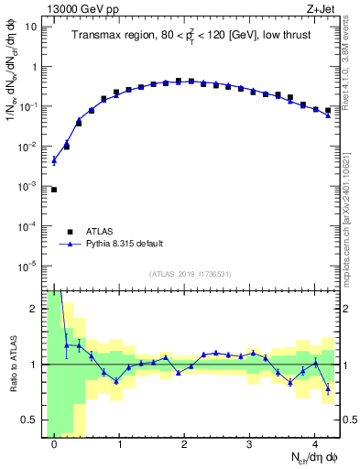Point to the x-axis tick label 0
pyautogui.click(x=55, y=442)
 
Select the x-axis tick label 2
pyautogui.click(x=185, y=442)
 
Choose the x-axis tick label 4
pyautogui.click(x=314, y=442)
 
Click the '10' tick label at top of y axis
pyautogui.click(x=30, y=27)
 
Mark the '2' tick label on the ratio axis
pyautogui.click(x=33, y=309)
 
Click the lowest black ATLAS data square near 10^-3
pyautogui.click(x=54, y=190)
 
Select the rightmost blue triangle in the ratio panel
pyautogui.click(x=328, y=388)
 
